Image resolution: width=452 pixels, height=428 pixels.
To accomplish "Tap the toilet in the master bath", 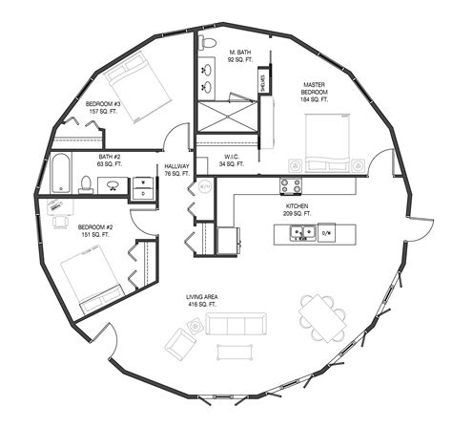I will coord(207,44).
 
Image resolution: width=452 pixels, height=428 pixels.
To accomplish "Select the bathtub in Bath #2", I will coord(60,172).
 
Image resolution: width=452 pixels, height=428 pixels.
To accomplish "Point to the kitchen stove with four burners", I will coord(291,185).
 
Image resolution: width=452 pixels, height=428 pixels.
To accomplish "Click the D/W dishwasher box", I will coord(325,231).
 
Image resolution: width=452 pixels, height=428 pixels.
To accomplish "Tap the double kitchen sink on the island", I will coord(303,231).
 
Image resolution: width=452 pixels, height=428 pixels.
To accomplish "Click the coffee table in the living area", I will coord(232,352).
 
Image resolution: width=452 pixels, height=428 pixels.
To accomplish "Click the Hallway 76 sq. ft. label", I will coord(177,169).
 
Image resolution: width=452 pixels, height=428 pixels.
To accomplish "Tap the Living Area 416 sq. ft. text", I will coord(206,302).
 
